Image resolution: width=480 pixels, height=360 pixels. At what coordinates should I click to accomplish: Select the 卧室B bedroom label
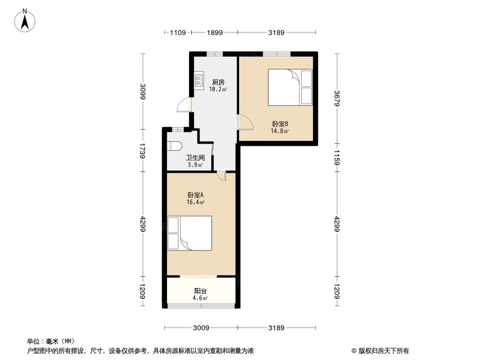[x=279, y=123]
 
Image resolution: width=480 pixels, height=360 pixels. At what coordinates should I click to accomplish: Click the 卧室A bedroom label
[x=196, y=195]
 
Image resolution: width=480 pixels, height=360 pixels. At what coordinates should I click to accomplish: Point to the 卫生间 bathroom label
[x=195, y=157]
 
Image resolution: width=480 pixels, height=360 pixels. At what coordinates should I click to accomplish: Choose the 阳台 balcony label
[x=201, y=291]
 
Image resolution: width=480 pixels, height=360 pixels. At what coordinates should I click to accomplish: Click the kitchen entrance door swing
[x=184, y=105]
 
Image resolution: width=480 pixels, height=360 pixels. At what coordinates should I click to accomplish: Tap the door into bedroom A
[x=220, y=176]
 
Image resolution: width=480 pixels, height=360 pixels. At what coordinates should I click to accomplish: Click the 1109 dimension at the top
[x=178, y=33]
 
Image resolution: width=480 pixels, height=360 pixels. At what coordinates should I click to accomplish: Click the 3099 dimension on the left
[x=143, y=92]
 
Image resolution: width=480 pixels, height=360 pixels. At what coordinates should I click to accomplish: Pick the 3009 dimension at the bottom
[x=201, y=328]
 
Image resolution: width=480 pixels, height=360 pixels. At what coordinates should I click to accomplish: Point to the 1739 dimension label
[x=143, y=150]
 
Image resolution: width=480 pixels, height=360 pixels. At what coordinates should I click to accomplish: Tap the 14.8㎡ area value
[x=279, y=131]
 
